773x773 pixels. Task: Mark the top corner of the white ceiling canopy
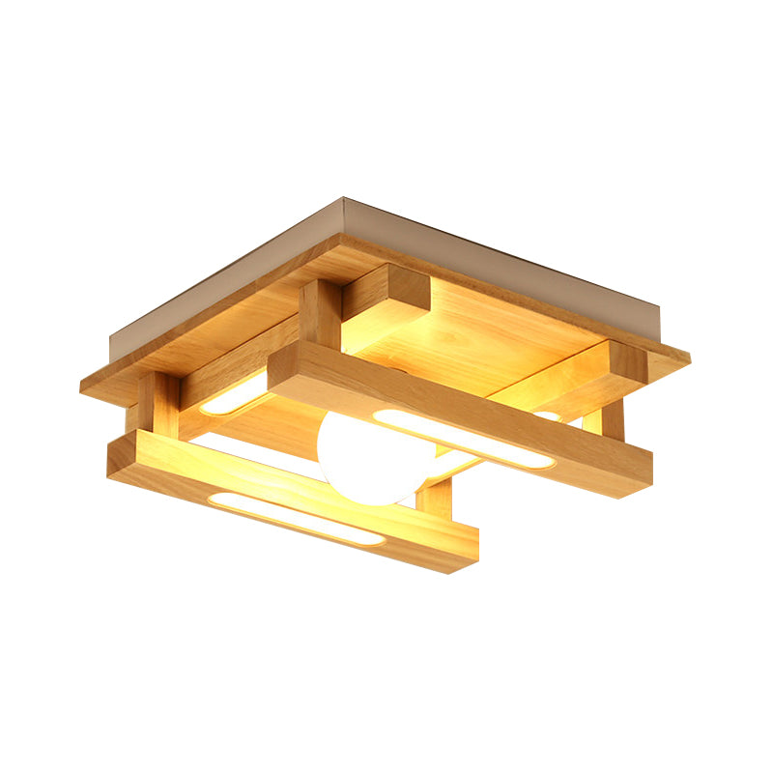(x=344, y=202)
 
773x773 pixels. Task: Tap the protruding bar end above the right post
(x=628, y=364)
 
